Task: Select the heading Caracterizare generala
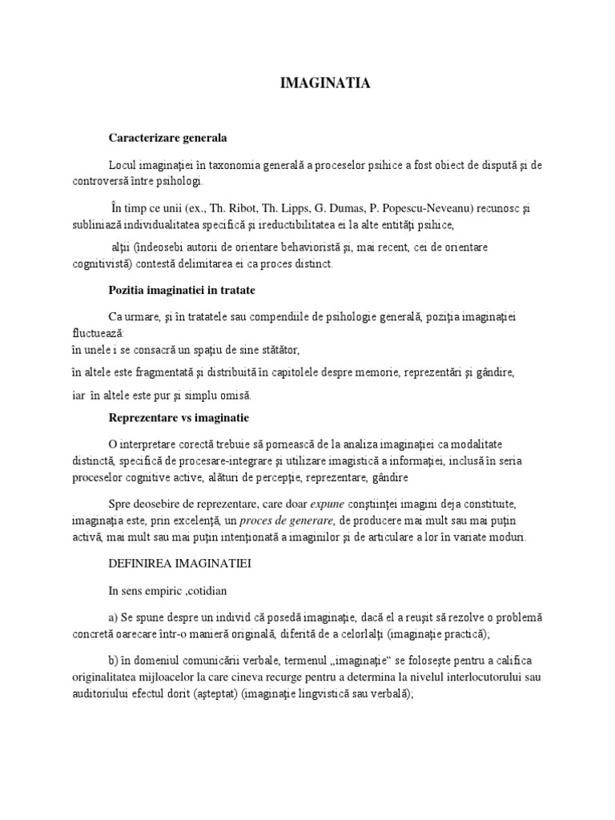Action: [x=167, y=138]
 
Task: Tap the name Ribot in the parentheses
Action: [x=220, y=208]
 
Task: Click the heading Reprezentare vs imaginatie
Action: [x=179, y=418]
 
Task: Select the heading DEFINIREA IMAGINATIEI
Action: [x=180, y=564]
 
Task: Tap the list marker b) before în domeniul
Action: [x=114, y=660]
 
